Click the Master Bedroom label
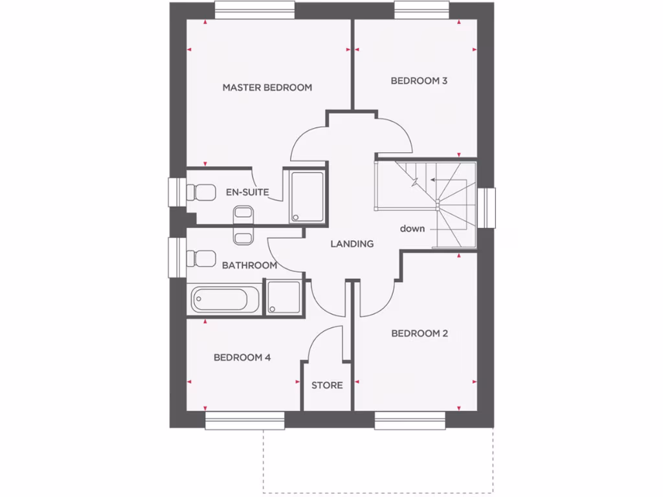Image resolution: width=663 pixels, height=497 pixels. [x=267, y=87]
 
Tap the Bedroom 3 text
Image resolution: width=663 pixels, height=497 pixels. [x=419, y=81]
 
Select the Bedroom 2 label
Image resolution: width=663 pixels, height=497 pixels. [x=420, y=333]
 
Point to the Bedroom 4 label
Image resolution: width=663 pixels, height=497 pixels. [x=242, y=357]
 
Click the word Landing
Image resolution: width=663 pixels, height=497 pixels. [x=352, y=244]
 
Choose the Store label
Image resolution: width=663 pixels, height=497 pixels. [x=327, y=385]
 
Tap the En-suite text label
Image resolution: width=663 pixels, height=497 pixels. [x=247, y=192]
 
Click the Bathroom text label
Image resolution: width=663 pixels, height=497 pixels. [x=249, y=265]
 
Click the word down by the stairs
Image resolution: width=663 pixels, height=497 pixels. [x=412, y=228]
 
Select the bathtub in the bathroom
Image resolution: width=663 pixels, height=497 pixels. [x=220, y=300]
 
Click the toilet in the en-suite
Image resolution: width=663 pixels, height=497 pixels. [x=200, y=192]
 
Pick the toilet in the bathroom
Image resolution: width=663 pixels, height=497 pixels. [x=200, y=258]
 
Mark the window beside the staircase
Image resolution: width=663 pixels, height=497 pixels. [x=487, y=208]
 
